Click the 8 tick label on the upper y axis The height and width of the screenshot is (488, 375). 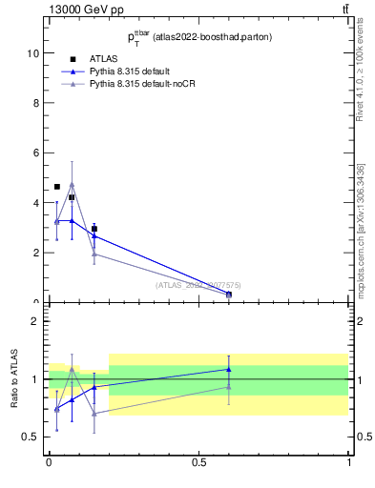(x=39, y=103)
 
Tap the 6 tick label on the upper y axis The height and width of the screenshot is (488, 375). (x=39, y=152)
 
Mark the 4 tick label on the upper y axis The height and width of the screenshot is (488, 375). (x=39, y=203)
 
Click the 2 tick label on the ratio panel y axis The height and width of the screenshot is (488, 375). (x=39, y=321)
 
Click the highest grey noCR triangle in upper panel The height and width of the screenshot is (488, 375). (x=72, y=185)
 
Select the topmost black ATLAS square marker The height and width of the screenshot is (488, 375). (x=57, y=187)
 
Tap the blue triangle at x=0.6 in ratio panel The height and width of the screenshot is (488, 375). (x=229, y=369)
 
